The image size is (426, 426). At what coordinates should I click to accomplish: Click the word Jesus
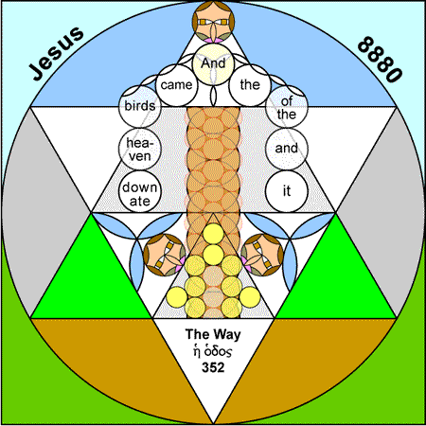coord(56,53)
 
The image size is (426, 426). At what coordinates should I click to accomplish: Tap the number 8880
coord(380,60)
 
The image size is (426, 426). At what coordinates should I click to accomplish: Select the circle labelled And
coord(213,63)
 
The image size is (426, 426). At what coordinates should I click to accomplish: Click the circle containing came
coord(176,85)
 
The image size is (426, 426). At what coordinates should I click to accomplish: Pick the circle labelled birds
coord(140,106)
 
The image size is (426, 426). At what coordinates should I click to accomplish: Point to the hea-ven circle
coord(140,149)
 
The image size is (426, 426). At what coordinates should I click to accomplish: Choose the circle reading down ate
coord(140,191)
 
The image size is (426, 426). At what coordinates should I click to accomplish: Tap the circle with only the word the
coord(250,85)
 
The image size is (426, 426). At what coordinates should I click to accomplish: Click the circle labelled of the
coord(287,106)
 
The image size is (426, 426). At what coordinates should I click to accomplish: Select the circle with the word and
coord(287,149)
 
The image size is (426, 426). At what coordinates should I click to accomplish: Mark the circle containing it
coord(287,191)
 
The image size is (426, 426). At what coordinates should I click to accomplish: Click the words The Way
coord(213,334)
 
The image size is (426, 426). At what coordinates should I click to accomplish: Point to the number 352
coord(213,367)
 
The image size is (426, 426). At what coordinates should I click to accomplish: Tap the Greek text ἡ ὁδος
coord(213,351)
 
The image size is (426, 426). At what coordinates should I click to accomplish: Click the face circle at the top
coord(213,22)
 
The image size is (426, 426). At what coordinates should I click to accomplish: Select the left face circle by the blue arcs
coord(165,255)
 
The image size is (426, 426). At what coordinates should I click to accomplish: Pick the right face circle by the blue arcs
coord(262,255)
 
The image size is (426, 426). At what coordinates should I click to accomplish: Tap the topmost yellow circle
coord(213,234)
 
